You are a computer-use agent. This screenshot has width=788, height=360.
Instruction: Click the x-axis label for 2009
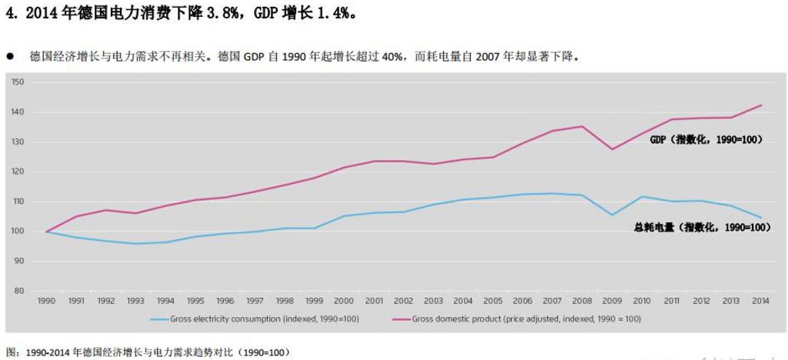612,302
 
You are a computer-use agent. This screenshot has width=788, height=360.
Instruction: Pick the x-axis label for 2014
760,302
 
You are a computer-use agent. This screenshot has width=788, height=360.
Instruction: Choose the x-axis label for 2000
345,302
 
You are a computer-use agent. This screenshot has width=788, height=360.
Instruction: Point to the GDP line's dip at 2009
612,148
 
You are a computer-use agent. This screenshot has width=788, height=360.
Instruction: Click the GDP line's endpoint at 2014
760,105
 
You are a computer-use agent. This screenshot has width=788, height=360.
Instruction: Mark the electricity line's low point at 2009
612,215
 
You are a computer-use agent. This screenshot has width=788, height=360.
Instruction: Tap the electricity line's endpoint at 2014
760,218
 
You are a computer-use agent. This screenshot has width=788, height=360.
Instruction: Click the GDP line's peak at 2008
583,126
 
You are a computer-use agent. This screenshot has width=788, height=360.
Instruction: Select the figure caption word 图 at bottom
9,352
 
